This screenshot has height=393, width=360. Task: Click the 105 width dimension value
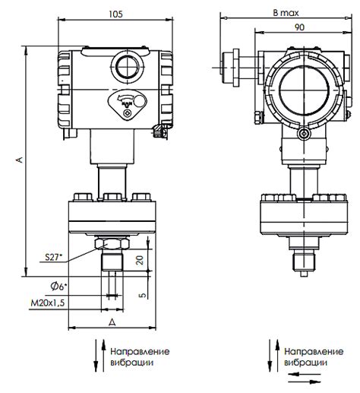pos(115,14)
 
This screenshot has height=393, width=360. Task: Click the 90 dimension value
pos(299,27)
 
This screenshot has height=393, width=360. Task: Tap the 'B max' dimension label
pos(286,13)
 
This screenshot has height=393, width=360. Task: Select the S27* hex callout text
pos(53,258)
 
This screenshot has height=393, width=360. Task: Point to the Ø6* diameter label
pos(58,287)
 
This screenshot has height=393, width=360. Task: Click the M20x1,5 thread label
pos(48,303)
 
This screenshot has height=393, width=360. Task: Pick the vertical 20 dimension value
pos(140,260)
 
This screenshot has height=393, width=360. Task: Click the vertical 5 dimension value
pos(143,295)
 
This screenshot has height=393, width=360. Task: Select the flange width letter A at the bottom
pos(112,322)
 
